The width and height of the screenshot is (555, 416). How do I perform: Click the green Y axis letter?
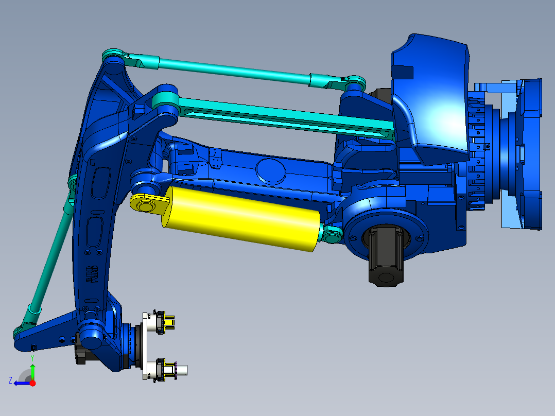tap(32, 357)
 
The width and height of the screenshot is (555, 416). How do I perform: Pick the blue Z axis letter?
tap(10, 380)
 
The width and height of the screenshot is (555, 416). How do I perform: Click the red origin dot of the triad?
tap(32, 383)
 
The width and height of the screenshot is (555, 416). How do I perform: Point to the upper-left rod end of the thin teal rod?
tap(113, 56)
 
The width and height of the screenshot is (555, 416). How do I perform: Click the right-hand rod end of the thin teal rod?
tap(353, 82)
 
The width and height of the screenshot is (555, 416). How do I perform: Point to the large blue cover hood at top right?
tap(432, 93)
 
